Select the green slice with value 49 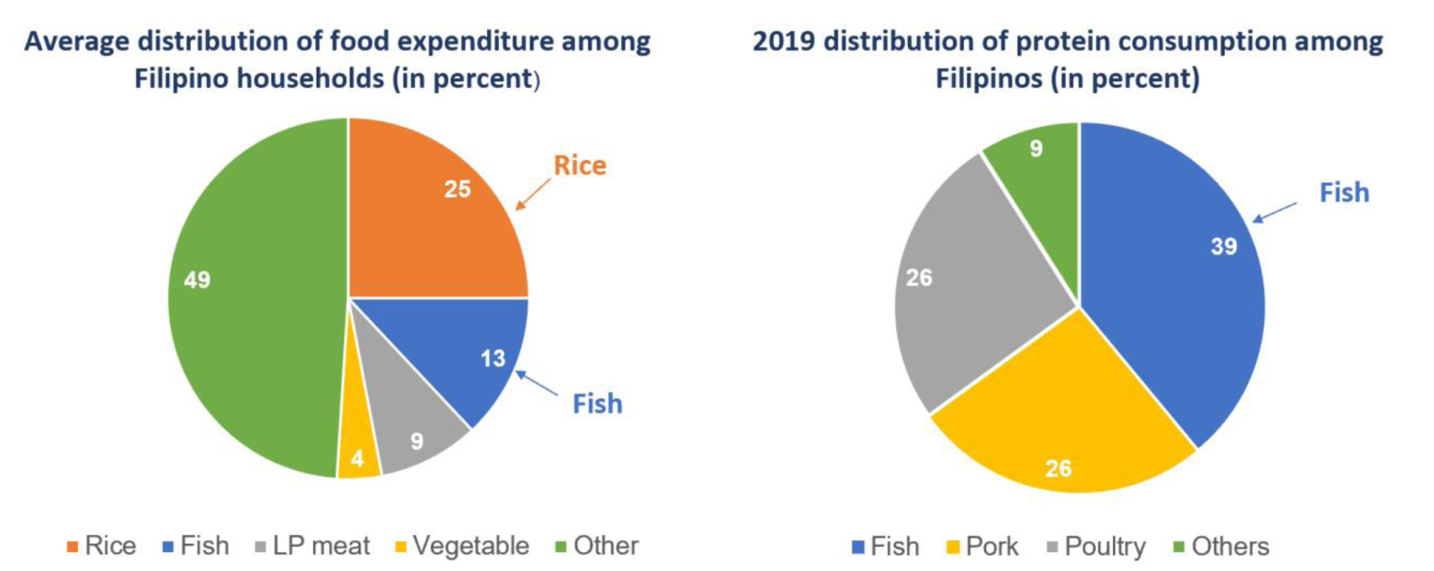pos(255,298)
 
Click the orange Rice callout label pos(580,165)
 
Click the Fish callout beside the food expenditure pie pos(597,404)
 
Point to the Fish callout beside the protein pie pos(1344,192)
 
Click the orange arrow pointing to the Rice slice pos(532,194)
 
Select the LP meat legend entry pos(313,546)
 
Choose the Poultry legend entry pos(1096,547)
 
